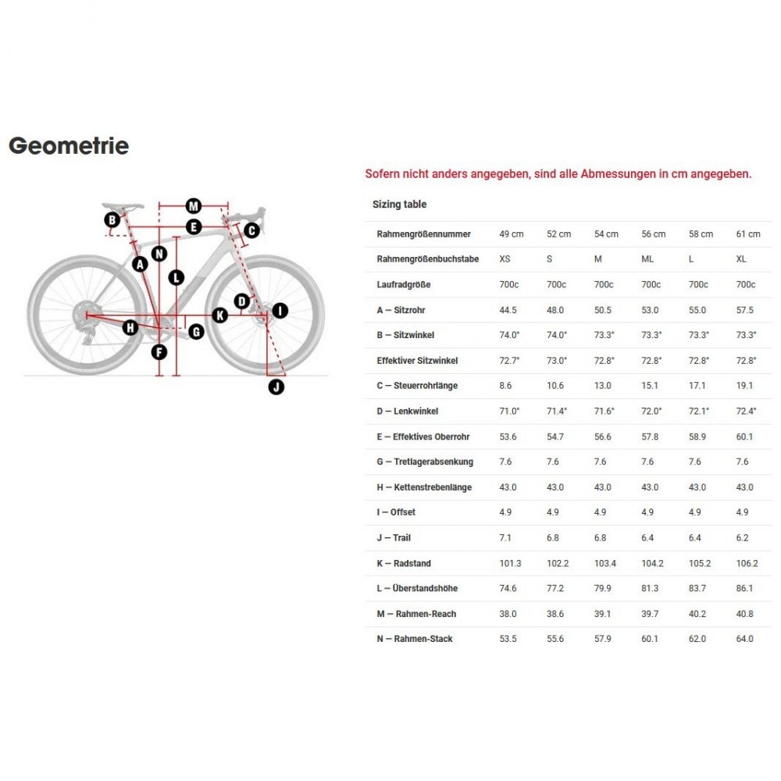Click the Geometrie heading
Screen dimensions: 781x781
point(69,146)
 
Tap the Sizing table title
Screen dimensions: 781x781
point(399,205)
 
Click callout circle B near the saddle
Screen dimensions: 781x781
point(112,219)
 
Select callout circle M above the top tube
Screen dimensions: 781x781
point(194,206)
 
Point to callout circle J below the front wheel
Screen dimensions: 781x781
point(276,386)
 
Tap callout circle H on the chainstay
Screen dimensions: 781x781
point(130,328)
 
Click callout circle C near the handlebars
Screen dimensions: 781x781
point(251,230)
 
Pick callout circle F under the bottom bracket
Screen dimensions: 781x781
point(159,352)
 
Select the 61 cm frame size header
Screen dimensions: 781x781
point(748,234)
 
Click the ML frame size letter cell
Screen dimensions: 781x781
point(647,259)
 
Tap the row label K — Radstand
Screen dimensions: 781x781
point(404,563)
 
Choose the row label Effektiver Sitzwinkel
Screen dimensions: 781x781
point(417,361)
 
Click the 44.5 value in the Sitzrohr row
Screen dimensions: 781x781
point(508,310)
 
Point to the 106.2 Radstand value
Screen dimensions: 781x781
point(747,563)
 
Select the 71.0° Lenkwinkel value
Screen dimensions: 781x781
point(509,412)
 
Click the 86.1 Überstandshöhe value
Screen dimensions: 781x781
point(745,588)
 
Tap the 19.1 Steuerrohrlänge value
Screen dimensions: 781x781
point(745,386)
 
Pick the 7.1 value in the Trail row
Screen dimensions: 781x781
point(505,538)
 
